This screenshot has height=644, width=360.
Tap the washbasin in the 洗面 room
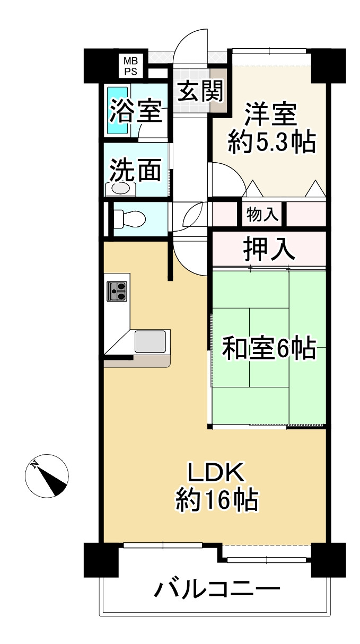[121, 188]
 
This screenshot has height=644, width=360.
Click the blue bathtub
[118, 110]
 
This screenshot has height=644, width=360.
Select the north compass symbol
[47, 476]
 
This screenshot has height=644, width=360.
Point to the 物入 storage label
[262, 215]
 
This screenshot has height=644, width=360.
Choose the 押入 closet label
[269, 248]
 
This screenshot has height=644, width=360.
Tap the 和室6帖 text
[268, 349]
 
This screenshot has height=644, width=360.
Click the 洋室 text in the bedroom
[271, 114]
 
